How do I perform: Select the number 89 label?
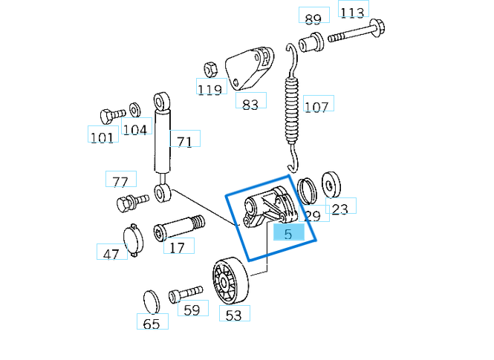pos(313,19)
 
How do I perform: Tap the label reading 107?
pos(316,107)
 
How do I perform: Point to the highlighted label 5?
pos(288,233)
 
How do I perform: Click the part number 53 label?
pos(233,315)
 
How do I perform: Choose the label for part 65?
pos(152,324)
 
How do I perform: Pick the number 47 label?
pos(111,254)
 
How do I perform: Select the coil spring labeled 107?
pos(293,108)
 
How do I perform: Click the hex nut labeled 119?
pos(209,68)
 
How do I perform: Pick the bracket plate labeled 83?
pos(249,71)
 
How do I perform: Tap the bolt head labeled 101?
pos(108,116)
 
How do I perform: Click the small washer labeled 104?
pos(134,109)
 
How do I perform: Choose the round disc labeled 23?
pos(329,183)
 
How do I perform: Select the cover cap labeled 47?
pos(131,240)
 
